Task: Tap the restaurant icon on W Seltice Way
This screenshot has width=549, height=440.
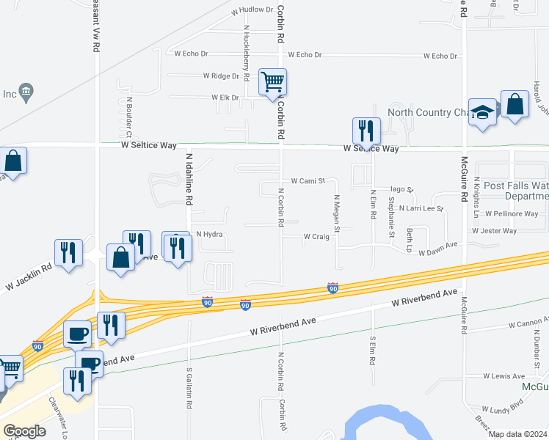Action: point(366,131)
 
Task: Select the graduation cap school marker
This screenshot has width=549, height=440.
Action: point(483,112)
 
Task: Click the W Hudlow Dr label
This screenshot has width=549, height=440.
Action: point(252,11)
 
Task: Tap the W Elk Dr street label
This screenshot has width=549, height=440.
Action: point(225,97)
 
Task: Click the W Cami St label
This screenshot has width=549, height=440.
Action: point(308,180)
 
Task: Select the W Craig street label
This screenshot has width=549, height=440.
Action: point(316,237)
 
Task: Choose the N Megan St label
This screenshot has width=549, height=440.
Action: point(337,213)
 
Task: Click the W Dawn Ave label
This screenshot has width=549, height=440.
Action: point(438,252)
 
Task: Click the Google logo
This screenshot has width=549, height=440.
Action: point(24,431)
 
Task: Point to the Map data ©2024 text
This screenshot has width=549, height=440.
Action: point(518,434)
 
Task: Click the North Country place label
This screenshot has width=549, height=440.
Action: point(428,112)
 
